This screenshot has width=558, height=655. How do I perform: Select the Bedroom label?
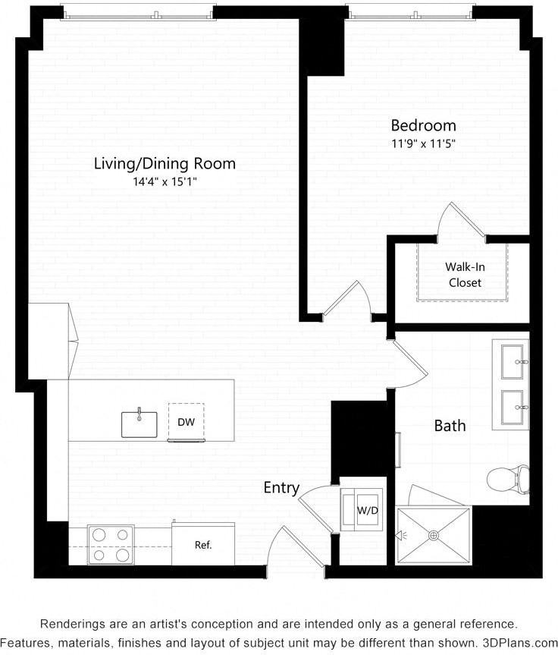[423, 125]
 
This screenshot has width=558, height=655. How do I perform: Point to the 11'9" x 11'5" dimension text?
[423, 143]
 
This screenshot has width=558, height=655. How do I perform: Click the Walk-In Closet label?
[465, 275]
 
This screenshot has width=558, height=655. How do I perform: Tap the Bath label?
[450, 426]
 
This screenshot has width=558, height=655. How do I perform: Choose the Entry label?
[281, 488]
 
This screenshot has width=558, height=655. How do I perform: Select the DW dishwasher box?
[185, 421]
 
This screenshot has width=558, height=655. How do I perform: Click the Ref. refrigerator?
[202, 545]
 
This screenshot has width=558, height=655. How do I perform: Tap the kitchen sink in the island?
[139, 424]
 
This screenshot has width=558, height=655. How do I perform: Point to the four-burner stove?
[110, 544]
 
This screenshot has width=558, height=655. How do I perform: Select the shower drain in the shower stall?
[434, 535]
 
